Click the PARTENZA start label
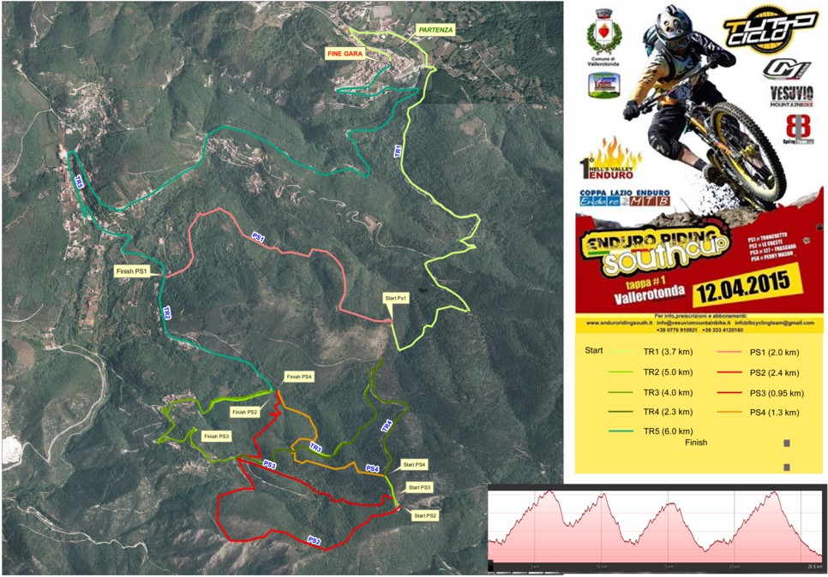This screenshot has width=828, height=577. (x=435, y=29)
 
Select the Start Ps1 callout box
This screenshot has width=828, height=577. (x=395, y=298)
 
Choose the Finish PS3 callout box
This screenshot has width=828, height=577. (x=215, y=437)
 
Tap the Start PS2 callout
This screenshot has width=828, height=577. (x=425, y=515)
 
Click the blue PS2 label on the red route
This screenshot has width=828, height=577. (x=315, y=540)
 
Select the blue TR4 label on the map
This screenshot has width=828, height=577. (x=387, y=425)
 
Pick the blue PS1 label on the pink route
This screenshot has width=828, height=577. (x=258, y=235)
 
